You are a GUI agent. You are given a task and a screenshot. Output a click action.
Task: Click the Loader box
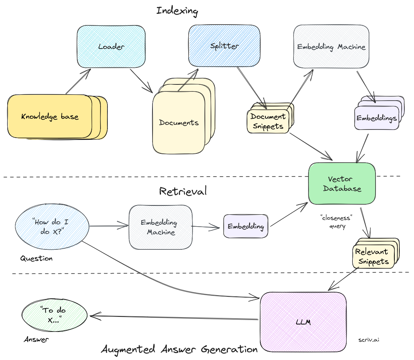pyautogui.click(x=111, y=46)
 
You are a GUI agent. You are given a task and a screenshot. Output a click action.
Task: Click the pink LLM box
pyautogui.click(x=303, y=321)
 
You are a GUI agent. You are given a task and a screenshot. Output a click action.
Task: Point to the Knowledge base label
pyautogui.click(x=50, y=116)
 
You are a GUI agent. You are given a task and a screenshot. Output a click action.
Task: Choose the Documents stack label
pyautogui.click(x=179, y=123)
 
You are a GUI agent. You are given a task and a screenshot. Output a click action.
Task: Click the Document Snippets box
pyautogui.click(x=268, y=121)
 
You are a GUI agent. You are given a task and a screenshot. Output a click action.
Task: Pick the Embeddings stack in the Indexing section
pyautogui.click(x=376, y=118)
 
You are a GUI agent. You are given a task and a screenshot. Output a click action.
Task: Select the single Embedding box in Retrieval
pyautogui.click(x=246, y=226)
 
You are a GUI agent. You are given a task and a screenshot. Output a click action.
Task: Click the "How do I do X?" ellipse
pyautogui.click(x=52, y=227)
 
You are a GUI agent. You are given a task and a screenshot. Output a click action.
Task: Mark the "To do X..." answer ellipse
pyautogui.click(x=55, y=315)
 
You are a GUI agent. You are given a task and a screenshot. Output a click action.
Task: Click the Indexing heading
pyautogui.click(x=177, y=10)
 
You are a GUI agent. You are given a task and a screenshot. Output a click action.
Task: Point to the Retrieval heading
pyautogui.click(x=183, y=191)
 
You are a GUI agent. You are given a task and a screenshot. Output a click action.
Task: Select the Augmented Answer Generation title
pyautogui.click(x=179, y=349)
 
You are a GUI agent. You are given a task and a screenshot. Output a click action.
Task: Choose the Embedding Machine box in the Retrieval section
pyautogui.click(x=160, y=227)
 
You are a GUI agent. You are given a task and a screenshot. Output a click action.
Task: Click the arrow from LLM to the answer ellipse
pyautogui.click(x=173, y=318)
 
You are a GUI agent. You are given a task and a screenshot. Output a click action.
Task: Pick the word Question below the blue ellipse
pyautogui.click(x=36, y=258)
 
